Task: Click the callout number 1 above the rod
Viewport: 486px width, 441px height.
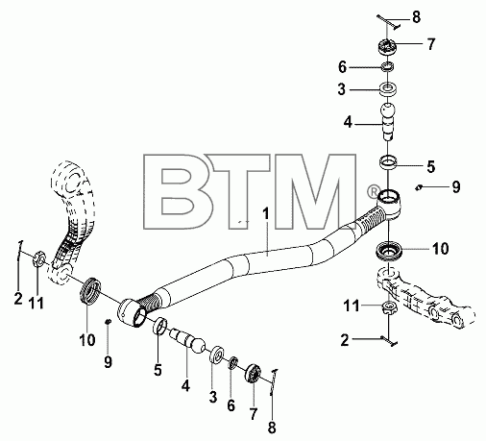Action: tap(266, 214)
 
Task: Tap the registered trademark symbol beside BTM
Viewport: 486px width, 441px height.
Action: tap(373, 192)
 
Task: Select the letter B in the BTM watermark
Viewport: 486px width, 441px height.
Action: tap(175, 192)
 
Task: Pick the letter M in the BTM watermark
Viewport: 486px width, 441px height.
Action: tap(315, 192)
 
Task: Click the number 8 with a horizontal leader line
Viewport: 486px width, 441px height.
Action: tap(416, 16)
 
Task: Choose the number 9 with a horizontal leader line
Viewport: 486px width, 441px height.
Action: tap(456, 186)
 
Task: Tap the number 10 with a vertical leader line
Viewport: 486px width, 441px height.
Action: tap(87, 340)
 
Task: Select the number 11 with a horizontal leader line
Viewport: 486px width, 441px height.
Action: tap(352, 306)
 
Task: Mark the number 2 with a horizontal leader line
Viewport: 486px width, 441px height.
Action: tap(345, 340)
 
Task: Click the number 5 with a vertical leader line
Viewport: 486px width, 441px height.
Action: tap(158, 369)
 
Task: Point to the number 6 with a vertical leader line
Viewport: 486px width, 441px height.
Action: tap(231, 405)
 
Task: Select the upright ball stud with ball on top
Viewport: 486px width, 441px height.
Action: tap(387, 121)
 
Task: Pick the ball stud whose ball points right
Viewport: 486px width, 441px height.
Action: tap(187, 341)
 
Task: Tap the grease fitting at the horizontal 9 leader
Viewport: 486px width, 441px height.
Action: tap(418, 187)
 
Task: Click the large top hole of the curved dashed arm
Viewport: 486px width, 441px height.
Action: tap(73, 181)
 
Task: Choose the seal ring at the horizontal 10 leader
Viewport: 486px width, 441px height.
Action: tap(388, 250)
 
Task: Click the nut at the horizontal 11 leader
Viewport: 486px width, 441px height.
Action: tap(388, 307)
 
